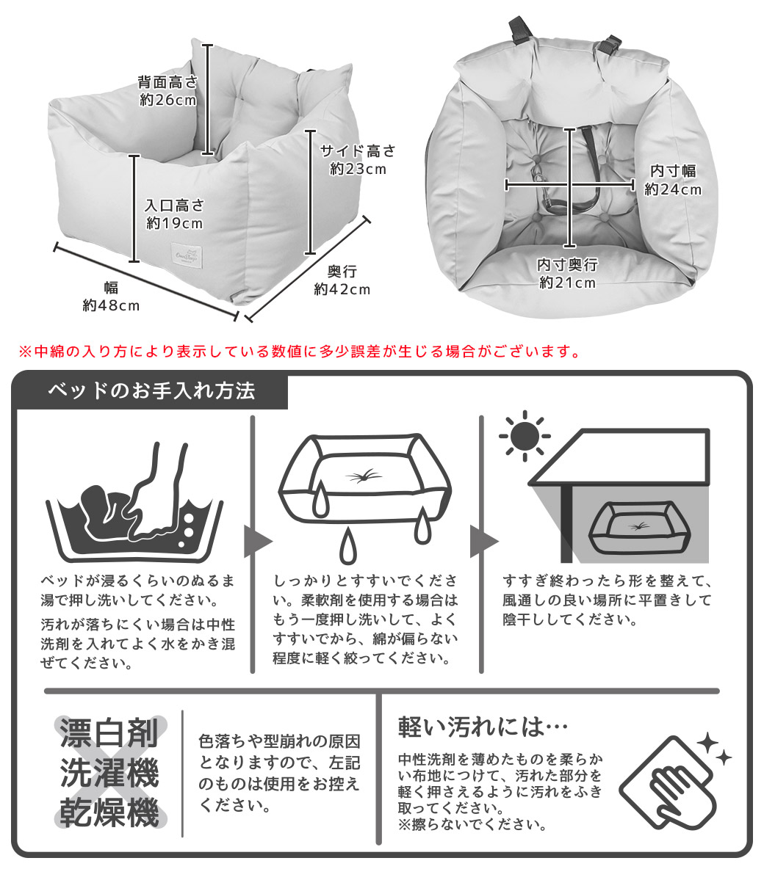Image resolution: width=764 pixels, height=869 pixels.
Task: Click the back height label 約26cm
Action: click(x=168, y=101)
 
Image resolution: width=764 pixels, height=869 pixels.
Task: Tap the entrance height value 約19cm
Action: click(x=175, y=223)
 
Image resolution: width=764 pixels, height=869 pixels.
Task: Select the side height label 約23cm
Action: click(x=358, y=169)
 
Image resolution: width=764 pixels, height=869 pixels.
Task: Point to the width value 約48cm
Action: click(x=111, y=305)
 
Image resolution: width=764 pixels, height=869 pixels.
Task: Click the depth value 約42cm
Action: click(x=342, y=289)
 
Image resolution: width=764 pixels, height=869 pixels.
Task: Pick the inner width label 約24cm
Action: click(x=673, y=189)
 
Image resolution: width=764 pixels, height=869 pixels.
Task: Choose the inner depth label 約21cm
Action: click(x=568, y=283)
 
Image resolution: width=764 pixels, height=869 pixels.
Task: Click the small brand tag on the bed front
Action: click(x=187, y=255)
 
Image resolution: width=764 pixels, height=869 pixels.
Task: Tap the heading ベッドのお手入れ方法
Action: click(x=151, y=391)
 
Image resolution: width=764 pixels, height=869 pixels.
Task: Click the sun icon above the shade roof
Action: click(x=525, y=436)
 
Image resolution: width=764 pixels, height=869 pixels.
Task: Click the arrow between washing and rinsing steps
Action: click(x=257, y=542)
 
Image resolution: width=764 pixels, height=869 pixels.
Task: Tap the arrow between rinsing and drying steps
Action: click(x=484, y=542)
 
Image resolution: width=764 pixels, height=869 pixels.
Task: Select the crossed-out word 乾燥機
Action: click(x=109, y=812)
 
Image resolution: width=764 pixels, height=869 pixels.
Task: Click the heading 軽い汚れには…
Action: click(x=483, y=727)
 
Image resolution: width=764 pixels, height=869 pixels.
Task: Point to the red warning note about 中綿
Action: click(x=300, y=352)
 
